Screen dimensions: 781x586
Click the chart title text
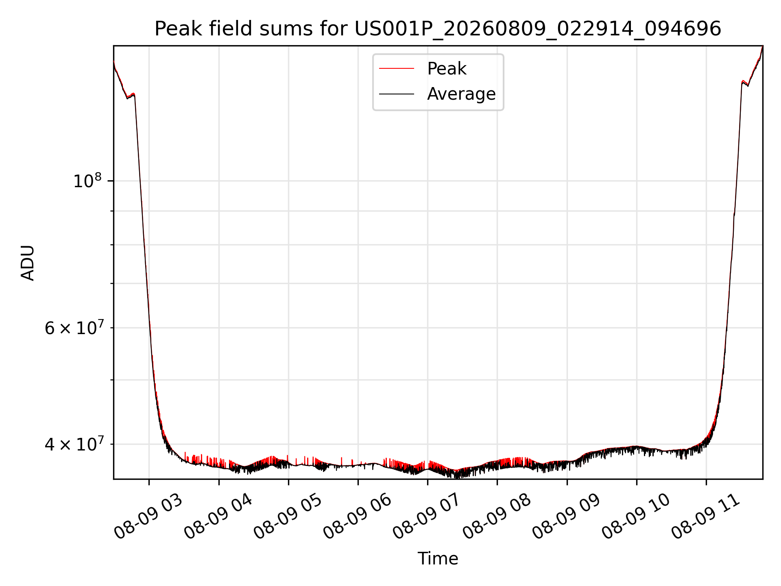coord(438,29)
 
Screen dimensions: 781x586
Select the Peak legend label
coord(447,69)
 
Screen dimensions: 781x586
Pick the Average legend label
coord(461,94)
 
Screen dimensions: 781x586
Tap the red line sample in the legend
coord(397,69)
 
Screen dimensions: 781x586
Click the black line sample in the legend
coord(397,94)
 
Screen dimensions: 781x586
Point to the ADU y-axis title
coord(28,262)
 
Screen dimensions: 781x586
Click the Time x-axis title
coord(438,559)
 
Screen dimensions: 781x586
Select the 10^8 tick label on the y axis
coord(87,180)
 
